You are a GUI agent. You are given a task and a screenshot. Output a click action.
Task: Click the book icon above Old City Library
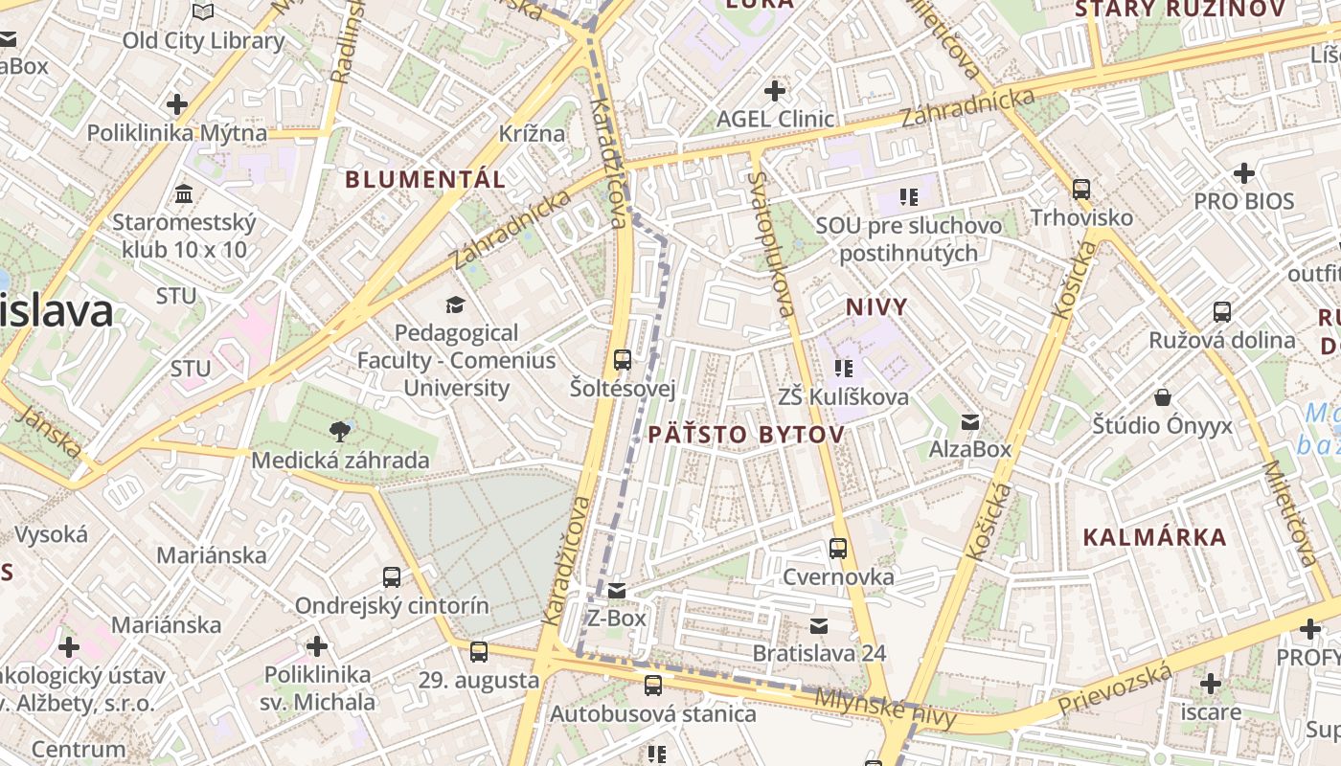(203, 11)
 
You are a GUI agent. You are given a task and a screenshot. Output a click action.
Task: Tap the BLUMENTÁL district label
(425, 179)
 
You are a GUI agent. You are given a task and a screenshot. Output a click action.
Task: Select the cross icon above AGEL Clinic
(775, 91)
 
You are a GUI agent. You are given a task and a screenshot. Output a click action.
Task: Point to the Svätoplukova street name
(771, 244)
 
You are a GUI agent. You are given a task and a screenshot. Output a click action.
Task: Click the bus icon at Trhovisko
(1081, 190)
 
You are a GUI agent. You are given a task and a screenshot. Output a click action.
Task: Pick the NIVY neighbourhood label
(876, 306)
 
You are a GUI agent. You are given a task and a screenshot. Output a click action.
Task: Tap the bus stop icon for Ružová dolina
(1222, 311)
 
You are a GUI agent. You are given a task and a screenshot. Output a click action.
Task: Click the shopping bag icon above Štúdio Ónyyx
(1163, 396)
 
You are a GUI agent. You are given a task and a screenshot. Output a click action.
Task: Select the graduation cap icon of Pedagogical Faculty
(455, 305)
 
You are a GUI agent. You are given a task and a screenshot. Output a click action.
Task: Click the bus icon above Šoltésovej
(623, 360)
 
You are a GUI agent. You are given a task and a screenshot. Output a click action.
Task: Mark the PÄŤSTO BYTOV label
(746, 435)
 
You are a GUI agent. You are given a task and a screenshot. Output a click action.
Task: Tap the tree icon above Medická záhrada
(339, 431)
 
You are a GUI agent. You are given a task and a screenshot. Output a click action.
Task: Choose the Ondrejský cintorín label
(391, 606)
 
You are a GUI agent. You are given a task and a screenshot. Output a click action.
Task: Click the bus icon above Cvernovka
(838, 549)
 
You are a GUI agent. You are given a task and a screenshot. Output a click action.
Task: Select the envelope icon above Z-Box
(617, 591)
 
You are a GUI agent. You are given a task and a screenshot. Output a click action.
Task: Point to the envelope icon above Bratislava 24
(819, 625)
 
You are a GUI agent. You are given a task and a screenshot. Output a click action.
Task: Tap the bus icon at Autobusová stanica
(653, 686)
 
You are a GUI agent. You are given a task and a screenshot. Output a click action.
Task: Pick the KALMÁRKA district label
(1154, 536)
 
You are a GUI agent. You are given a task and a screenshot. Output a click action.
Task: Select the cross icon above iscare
(1211, 684)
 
